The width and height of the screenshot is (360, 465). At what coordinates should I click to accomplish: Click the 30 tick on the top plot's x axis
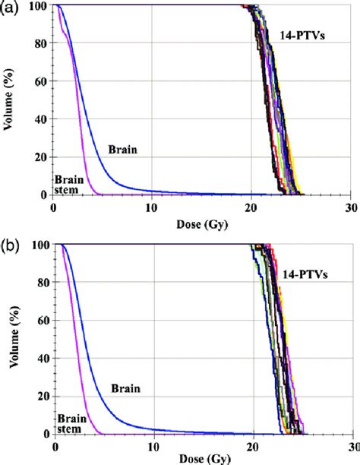click(x=350, y=207)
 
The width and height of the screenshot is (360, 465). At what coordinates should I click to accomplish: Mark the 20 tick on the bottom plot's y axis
click(x=43, y=396)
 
